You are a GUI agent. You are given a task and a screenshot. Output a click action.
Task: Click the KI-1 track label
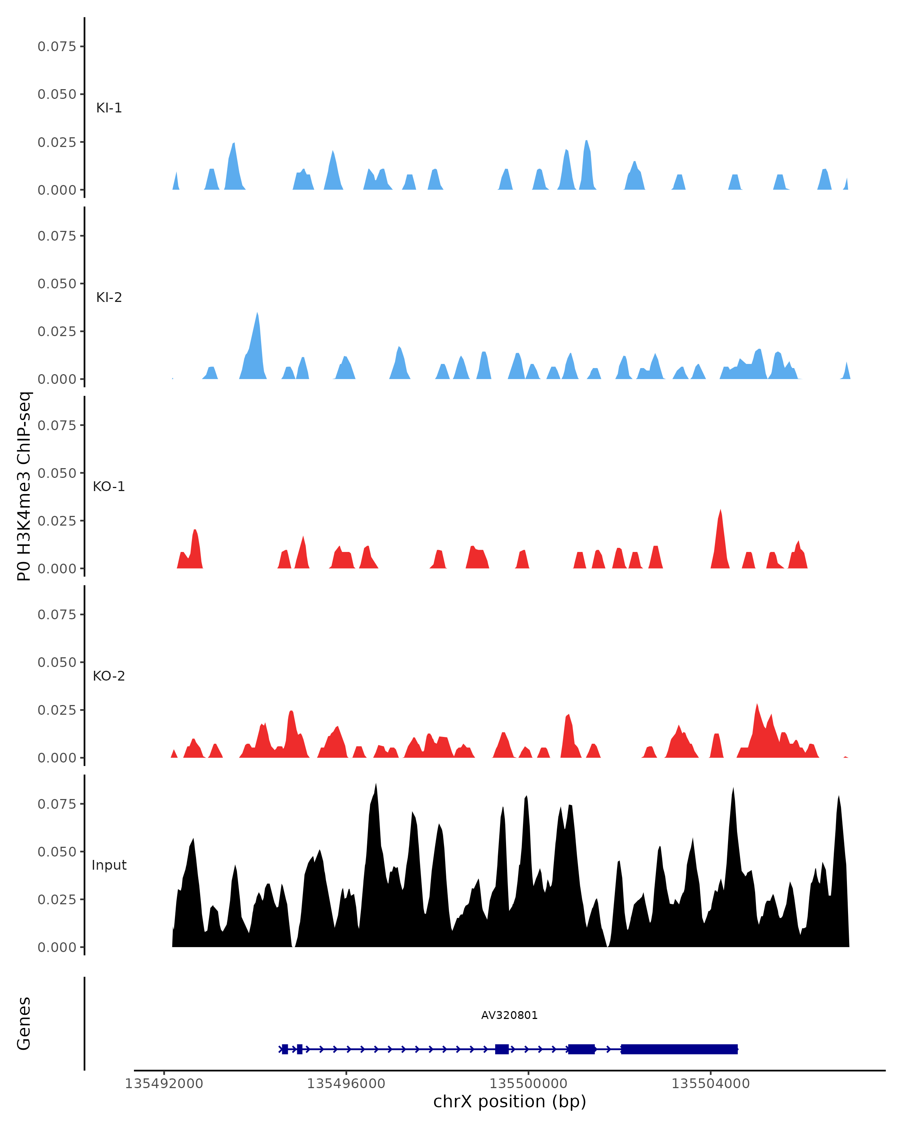pos(109,108)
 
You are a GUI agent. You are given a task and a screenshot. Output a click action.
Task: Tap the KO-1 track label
pos(109,487)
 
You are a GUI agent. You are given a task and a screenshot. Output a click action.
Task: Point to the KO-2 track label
pos(109,676)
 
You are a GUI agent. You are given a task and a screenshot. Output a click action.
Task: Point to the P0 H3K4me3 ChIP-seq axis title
pos(24,486)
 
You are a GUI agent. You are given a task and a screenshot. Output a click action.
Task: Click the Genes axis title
pos(24,1023)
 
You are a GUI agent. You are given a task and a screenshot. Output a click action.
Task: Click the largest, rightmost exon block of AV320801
pos(679,1049)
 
